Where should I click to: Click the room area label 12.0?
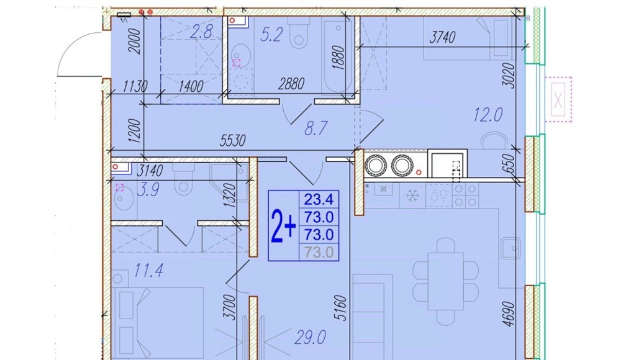(x=488, y=115)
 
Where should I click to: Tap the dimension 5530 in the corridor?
(x=232, y=140)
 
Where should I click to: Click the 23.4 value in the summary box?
(x=319, y=199)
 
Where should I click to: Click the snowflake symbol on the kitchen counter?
(x=412, y=196)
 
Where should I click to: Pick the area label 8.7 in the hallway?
(x=316, y=128)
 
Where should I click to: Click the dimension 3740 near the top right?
(x=442, y=37)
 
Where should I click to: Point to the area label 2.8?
(x=201, y=32)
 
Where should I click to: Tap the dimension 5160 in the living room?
(x=342, y=308)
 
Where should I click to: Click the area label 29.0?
(x=311, y=337)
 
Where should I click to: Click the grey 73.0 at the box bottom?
(x=319, y=253)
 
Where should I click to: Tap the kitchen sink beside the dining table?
(x=511, y=248)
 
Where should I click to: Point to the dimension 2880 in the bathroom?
(x=291, y=84)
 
